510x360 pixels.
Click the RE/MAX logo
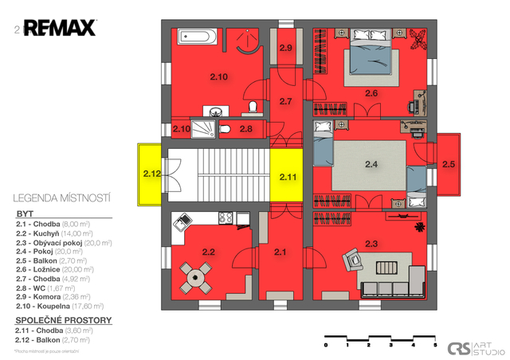coord(59,29)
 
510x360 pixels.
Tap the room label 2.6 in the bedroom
coord(371,94)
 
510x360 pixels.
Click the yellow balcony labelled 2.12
coord(151,173)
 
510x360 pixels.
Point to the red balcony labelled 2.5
coord(449,165)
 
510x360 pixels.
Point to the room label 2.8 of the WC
coord(246,128)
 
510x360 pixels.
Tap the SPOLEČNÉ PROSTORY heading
coord(64,320)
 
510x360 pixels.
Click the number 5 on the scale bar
coord(435,346)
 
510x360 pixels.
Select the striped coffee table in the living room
coord(386,268)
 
